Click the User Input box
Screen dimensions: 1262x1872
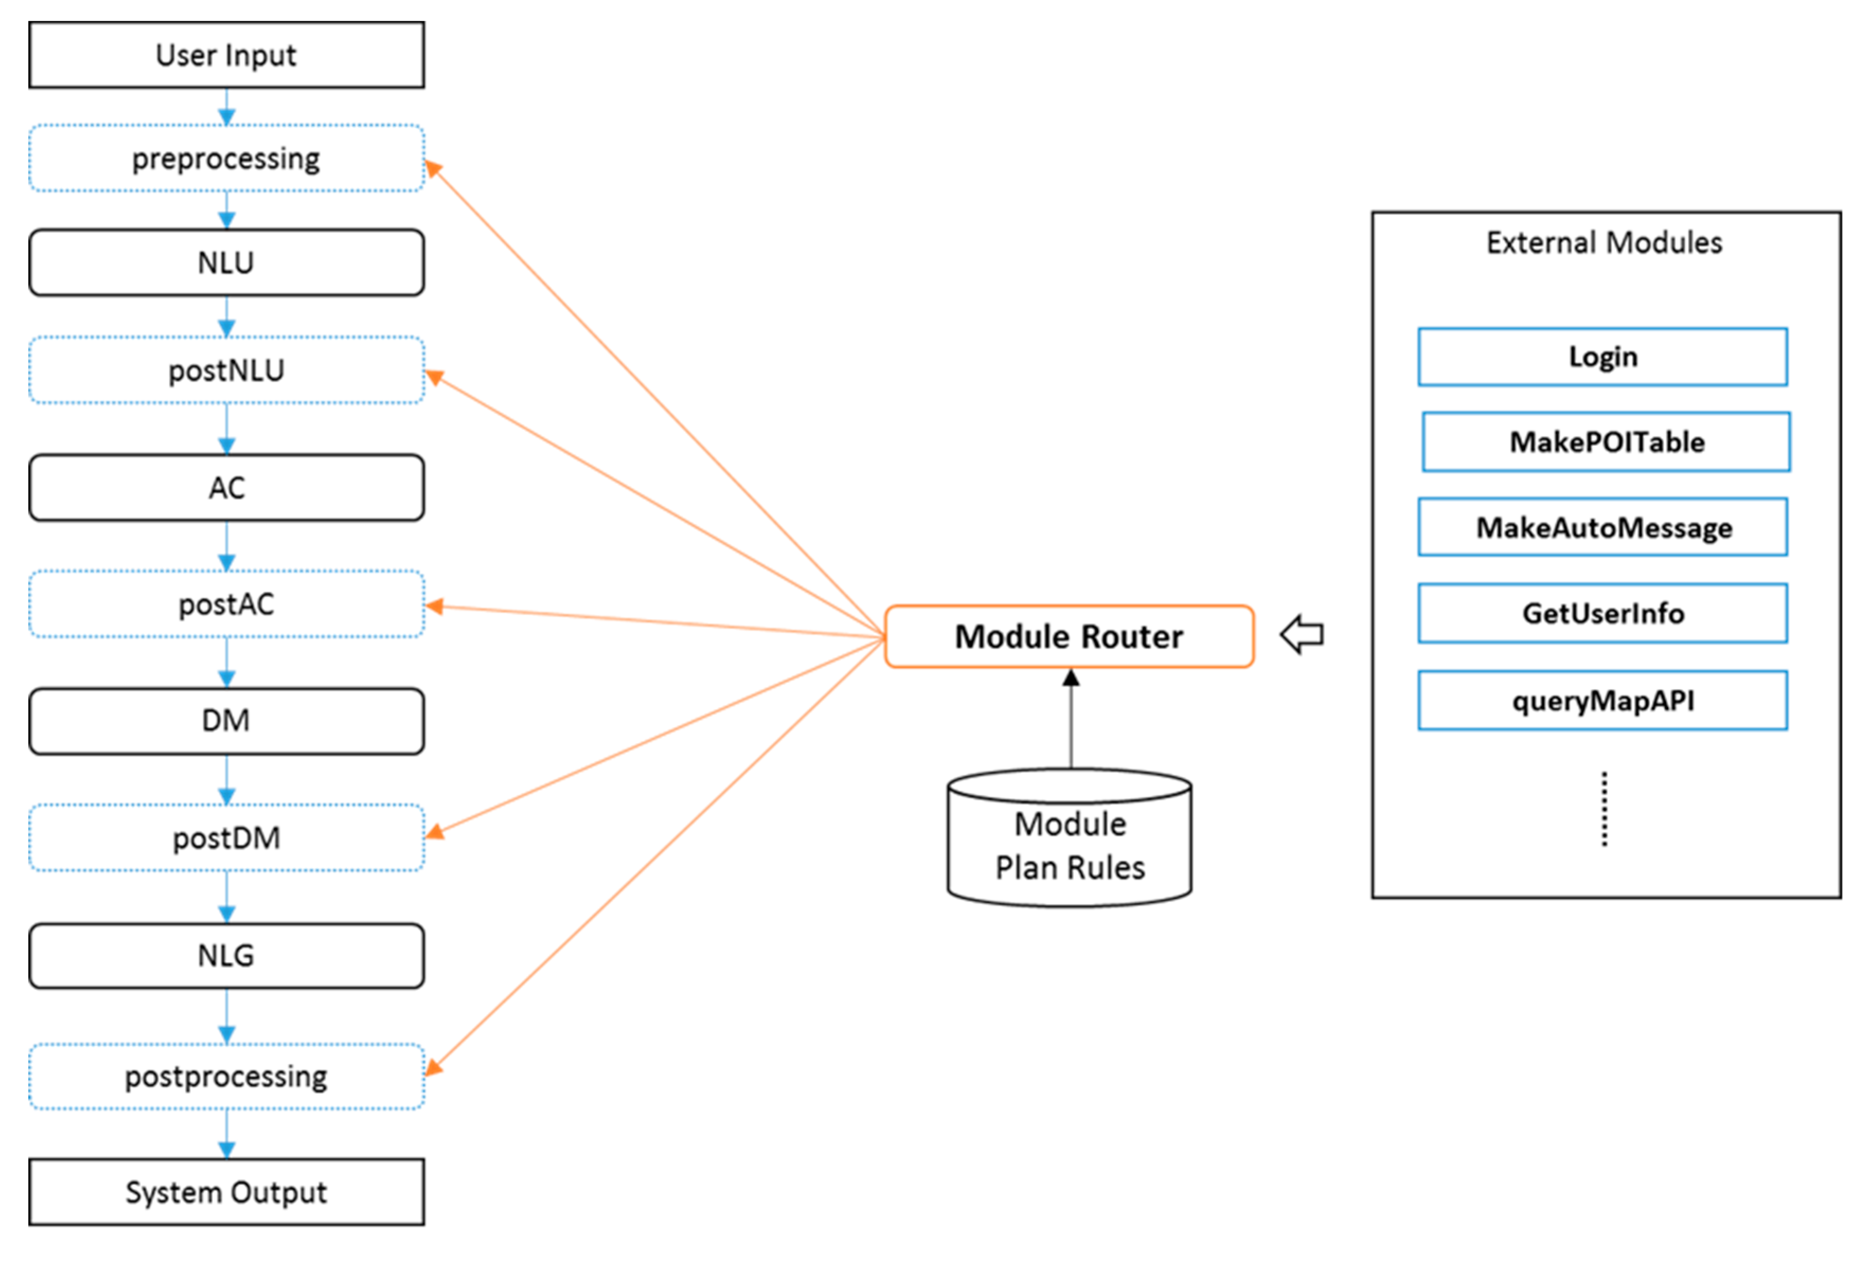pyautogui.click(x=226, y=55)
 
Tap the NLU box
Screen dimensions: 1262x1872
pyautogui.click(x=226, y=263)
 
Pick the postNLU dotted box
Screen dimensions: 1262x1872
pyautogui.click(x=226, y=370)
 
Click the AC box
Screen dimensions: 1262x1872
pyautogui.click(x=226, y=488)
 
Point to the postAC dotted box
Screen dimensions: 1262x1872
pyautogui.click(x=226, y=603)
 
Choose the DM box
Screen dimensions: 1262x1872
pyautogui.click(x=226, y=720)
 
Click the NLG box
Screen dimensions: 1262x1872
pyautogui.click(x=226, y=955)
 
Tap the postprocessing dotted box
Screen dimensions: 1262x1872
pyautogui.click(x=226, y=1076)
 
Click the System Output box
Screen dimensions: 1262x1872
pyautogui.click(x=226, y=1192)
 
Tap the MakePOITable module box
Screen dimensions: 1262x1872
pyautogui.click(x=1606, y=442)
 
